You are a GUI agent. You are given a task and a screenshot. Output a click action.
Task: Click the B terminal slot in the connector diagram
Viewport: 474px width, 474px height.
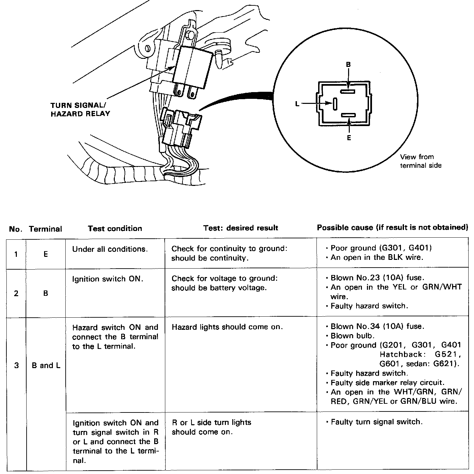(x=348, y=91)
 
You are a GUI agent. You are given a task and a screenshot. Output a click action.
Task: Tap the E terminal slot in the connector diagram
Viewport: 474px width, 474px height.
(x=348, y=115)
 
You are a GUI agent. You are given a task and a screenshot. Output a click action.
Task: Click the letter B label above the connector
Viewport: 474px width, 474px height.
(x=348, y=65)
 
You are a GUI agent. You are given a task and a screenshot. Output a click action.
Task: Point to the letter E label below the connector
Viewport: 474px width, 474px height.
(x=349, y=138)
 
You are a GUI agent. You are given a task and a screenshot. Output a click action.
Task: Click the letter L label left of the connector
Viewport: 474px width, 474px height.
(x=297, y=104)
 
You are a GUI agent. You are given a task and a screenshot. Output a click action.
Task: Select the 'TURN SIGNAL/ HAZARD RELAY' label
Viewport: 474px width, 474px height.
(x=80, y=109)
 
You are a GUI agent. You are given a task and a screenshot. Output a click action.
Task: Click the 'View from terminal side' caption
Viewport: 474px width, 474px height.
(x=420, y=161)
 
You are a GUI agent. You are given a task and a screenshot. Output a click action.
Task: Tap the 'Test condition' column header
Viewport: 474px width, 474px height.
(x=115, y=229)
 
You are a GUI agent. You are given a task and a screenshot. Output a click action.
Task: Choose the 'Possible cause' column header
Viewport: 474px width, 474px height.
(x=392, y=228)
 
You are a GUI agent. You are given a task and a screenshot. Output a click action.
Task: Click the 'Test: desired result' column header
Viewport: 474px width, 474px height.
(x=240, y=228)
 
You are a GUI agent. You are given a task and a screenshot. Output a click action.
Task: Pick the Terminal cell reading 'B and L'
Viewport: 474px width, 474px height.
(x=46, y=365)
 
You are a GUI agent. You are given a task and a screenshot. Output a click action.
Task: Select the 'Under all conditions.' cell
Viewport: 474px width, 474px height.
(x=110, y=249)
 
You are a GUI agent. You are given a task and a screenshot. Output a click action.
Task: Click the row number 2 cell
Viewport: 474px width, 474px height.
(x=16, y=293)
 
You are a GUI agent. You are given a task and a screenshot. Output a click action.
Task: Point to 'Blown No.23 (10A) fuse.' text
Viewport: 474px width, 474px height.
(x=377, y=278)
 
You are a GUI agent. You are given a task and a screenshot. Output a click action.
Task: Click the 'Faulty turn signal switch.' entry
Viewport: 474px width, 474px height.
(x=376, y=422)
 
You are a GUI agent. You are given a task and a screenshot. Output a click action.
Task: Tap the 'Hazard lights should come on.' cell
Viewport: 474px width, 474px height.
(x=227, y=327)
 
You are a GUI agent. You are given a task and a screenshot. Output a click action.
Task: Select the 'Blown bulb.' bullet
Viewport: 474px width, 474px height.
(x=352, y=336)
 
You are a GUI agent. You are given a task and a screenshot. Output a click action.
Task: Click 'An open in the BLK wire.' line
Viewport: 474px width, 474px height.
(x=377, y=258)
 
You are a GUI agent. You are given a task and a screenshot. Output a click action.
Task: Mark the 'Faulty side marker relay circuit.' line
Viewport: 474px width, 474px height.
(x=387, y=383)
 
